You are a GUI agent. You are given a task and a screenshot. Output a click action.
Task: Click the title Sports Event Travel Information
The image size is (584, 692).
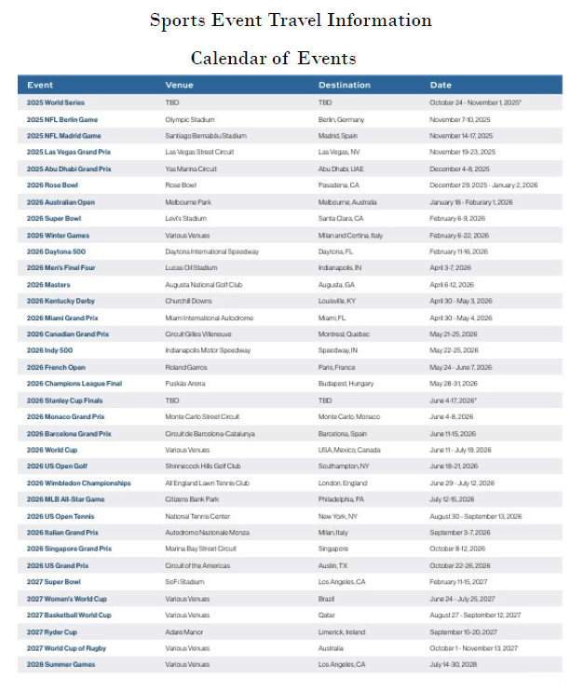[291, 20]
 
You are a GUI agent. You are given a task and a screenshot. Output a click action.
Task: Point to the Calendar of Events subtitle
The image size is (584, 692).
[273, 59]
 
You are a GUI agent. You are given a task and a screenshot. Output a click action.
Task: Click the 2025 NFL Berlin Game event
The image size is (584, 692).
[62, 120]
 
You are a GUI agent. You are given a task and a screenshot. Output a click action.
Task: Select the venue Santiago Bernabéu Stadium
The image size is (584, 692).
[205, 136]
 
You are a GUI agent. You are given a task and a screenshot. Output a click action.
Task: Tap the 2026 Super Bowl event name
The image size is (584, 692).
[58, 219]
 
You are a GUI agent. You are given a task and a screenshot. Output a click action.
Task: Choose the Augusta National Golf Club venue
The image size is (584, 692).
[202, 285]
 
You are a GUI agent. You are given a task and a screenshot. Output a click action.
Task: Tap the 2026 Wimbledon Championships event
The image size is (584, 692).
[78, 483]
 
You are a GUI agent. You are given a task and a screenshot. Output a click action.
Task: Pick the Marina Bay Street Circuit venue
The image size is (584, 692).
[200, 550]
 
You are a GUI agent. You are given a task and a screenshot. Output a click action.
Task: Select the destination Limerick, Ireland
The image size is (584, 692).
[342, 631]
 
